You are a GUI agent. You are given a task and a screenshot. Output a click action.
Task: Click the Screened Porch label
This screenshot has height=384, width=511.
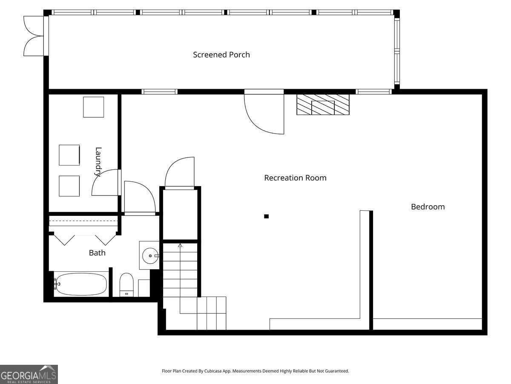(221, 55)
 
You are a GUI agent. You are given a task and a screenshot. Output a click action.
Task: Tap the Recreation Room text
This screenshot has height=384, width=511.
(295, 178)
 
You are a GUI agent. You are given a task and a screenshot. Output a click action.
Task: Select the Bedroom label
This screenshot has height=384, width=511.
(428, 207)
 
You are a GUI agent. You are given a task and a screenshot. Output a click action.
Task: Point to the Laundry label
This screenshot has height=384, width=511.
(98, 162)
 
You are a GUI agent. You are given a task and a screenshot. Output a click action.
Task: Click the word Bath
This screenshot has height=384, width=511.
(97, 253)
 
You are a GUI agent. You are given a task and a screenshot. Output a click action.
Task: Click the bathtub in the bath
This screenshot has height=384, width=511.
(81, 284)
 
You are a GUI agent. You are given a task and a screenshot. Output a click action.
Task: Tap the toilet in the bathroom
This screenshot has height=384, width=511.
(126, 285)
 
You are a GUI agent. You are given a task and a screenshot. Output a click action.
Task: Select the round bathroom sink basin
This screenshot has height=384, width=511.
(150, 256)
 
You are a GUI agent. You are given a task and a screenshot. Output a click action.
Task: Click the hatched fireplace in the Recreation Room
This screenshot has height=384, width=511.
(323, 105)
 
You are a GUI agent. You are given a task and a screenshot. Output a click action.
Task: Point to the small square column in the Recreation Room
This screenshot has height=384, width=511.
(266, 216)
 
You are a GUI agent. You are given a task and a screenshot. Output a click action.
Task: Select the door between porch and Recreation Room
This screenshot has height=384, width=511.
(264, 112)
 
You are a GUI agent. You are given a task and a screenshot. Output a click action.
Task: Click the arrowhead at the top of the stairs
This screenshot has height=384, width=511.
(180, 245)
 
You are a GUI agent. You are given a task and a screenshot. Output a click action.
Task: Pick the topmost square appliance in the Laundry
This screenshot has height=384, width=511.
(94, 107)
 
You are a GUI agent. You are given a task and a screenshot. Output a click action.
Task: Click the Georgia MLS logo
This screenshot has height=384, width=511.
(29, 374)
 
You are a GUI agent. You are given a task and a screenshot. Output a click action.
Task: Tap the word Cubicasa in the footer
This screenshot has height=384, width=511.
(213, 371)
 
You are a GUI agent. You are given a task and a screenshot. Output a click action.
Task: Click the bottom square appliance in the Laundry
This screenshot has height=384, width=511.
(69, 186)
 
